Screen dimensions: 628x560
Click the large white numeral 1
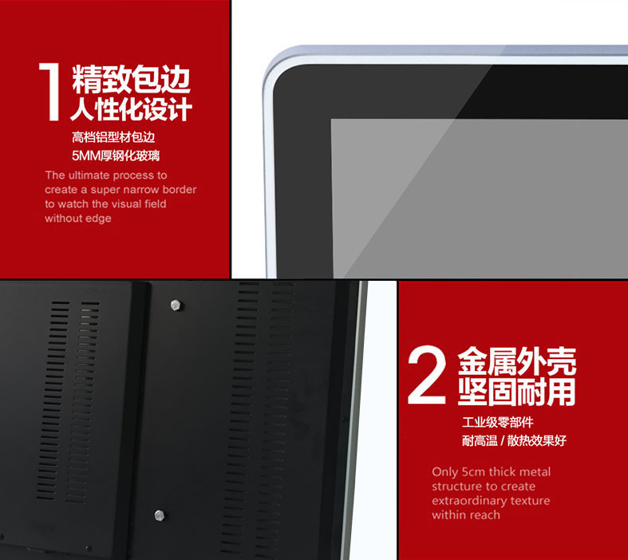point(49,92)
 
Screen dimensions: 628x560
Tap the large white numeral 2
point(427,375)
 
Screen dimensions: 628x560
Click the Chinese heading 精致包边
point(131,79)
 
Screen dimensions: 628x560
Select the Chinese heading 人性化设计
point(131,108)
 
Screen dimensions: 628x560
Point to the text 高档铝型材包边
point(113,137)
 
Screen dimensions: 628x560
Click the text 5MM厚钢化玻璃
point(116,156)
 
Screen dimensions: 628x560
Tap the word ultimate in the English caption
point(89,175)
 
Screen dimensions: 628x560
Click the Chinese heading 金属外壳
point(516,361)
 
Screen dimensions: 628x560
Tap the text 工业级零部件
point(497,422)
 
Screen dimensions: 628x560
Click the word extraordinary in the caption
point(467,501)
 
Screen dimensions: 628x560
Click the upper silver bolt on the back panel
point(176,305)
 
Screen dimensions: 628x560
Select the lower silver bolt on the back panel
point(160,515)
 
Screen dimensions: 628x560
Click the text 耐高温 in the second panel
point(480,440)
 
